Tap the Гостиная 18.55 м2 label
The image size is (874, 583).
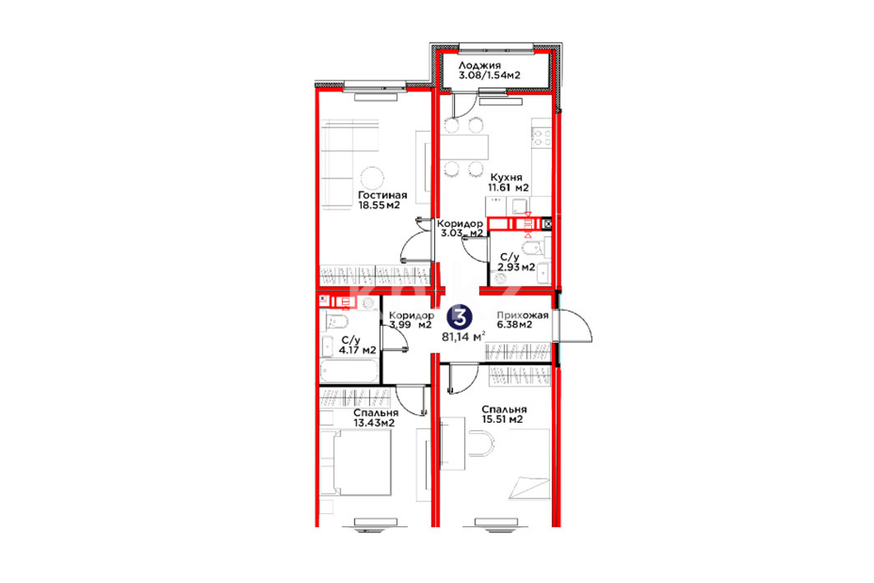click(x=382, y=200)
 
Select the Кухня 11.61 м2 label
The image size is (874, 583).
click(x=508, y=183)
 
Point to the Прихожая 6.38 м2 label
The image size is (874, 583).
click(x=522, y=319)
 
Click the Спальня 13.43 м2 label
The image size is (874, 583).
click(x=376, y=418)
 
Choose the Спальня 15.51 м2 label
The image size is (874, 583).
click(x=504, y=414)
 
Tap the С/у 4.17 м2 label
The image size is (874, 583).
click(x=356, y=345)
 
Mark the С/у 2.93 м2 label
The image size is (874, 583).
click(x=516, y=262)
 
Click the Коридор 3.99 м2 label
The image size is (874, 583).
click(x=411, y=320)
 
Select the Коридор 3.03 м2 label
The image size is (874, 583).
click(x=460, y=228)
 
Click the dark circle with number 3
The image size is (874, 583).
click(x=460, y=317)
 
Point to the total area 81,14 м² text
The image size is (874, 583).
click(x=463, y=336)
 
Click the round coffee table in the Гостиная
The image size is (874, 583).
click(x=372, y=179)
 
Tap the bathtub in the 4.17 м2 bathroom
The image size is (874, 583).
click(x=349, y=371)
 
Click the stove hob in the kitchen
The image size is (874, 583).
click(x=541, y=137)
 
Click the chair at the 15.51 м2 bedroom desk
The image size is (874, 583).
click(x=482, y=443)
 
